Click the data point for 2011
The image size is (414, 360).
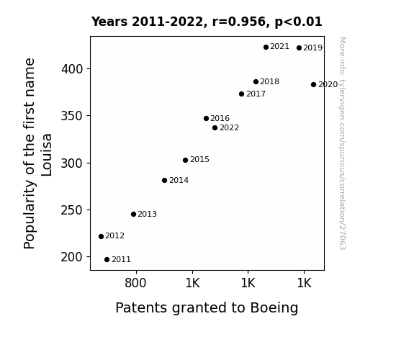pos(107,260)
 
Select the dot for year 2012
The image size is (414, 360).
pos(101,236)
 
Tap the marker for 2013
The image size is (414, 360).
pos(134,215)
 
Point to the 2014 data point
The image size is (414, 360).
pos(164,181)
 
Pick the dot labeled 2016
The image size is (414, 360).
pos(206,118)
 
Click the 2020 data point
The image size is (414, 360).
pos(313,84)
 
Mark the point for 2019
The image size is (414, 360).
pos(299,48)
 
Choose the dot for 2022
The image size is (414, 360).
pos(215,128)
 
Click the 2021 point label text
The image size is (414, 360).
pos(280,47)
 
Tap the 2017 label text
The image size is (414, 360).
pos(256,94)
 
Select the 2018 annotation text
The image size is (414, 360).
pos(269,81)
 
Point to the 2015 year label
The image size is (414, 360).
pos(199,160)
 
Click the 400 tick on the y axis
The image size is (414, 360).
pos(72,69)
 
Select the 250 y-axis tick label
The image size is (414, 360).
pos(72,210)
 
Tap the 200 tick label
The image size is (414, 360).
pos(72,257)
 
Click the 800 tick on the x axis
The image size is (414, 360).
pos(135,283)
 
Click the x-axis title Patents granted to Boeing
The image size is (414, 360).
pos(207,308)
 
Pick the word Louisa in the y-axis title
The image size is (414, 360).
pos(47,155)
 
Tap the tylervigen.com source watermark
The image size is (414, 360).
pos(342,143)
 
